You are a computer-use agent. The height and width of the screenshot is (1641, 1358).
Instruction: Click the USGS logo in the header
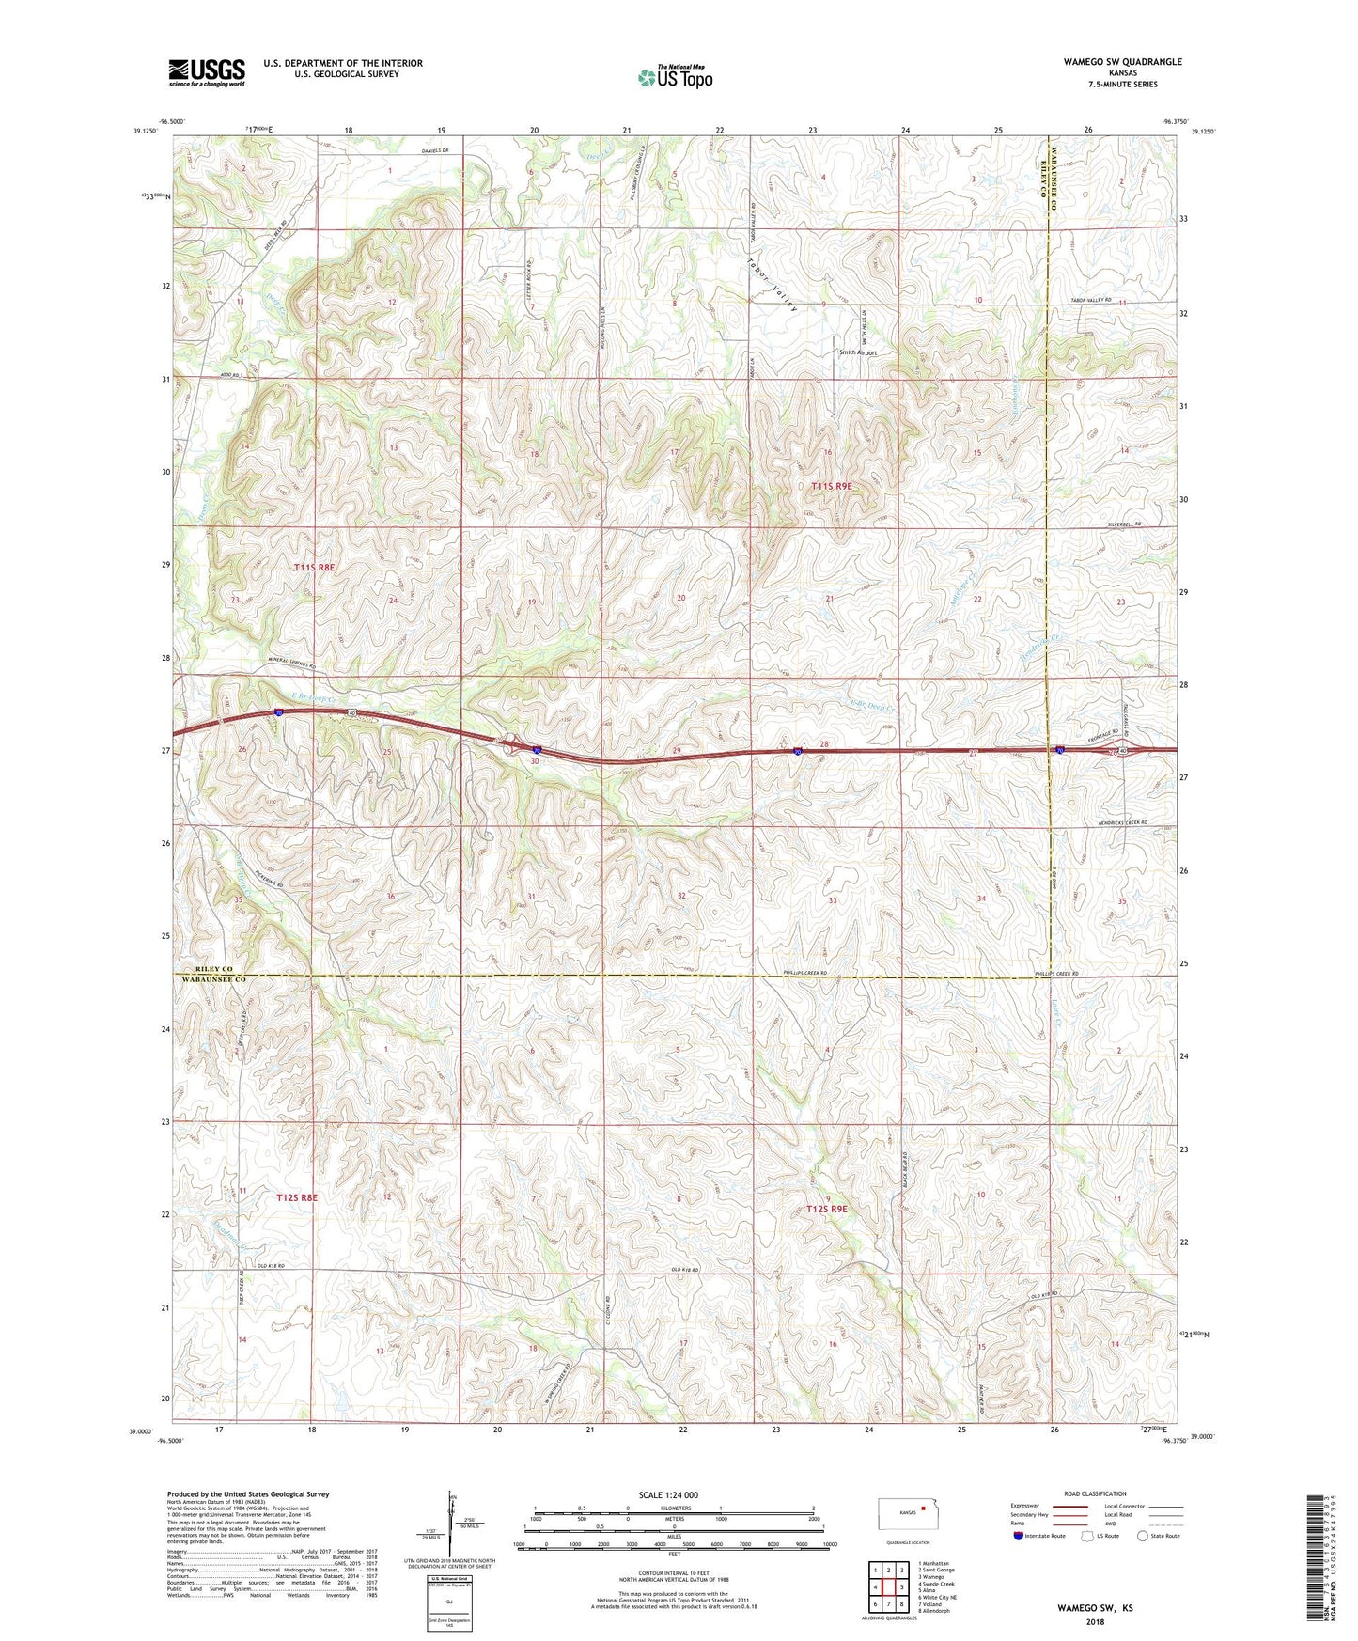[207, 72]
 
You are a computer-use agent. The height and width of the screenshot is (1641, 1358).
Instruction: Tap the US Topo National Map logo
[674, 77]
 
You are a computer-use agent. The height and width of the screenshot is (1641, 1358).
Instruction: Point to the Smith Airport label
[857, 353]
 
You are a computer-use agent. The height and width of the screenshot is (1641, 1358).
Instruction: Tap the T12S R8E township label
[297, 1197]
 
